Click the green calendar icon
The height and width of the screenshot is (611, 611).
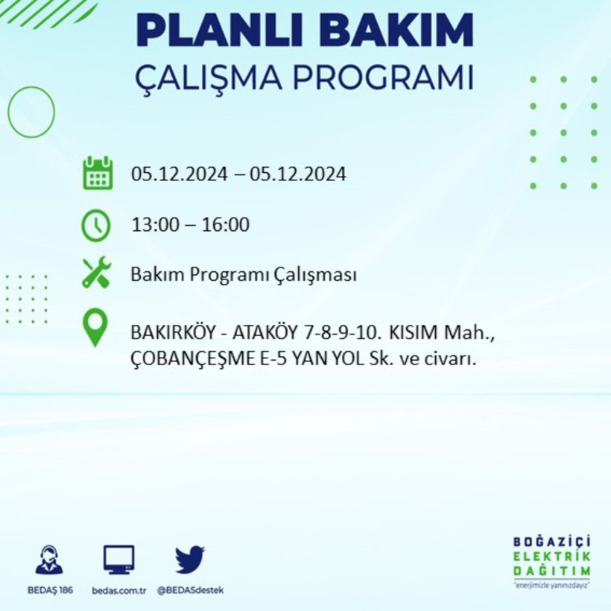(98, 173)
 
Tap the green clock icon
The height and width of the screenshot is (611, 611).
(96, 225)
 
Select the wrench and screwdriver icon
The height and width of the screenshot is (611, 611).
(96, 273)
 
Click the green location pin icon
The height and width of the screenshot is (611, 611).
(95, 329)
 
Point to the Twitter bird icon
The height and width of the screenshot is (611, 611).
(190, 560)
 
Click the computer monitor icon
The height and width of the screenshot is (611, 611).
(119, 559)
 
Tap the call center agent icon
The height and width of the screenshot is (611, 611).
(49, 560)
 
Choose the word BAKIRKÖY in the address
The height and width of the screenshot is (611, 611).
(168, 332)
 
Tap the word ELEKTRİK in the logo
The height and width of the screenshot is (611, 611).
(552, 556)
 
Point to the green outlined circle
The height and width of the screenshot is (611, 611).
(31, 112)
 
